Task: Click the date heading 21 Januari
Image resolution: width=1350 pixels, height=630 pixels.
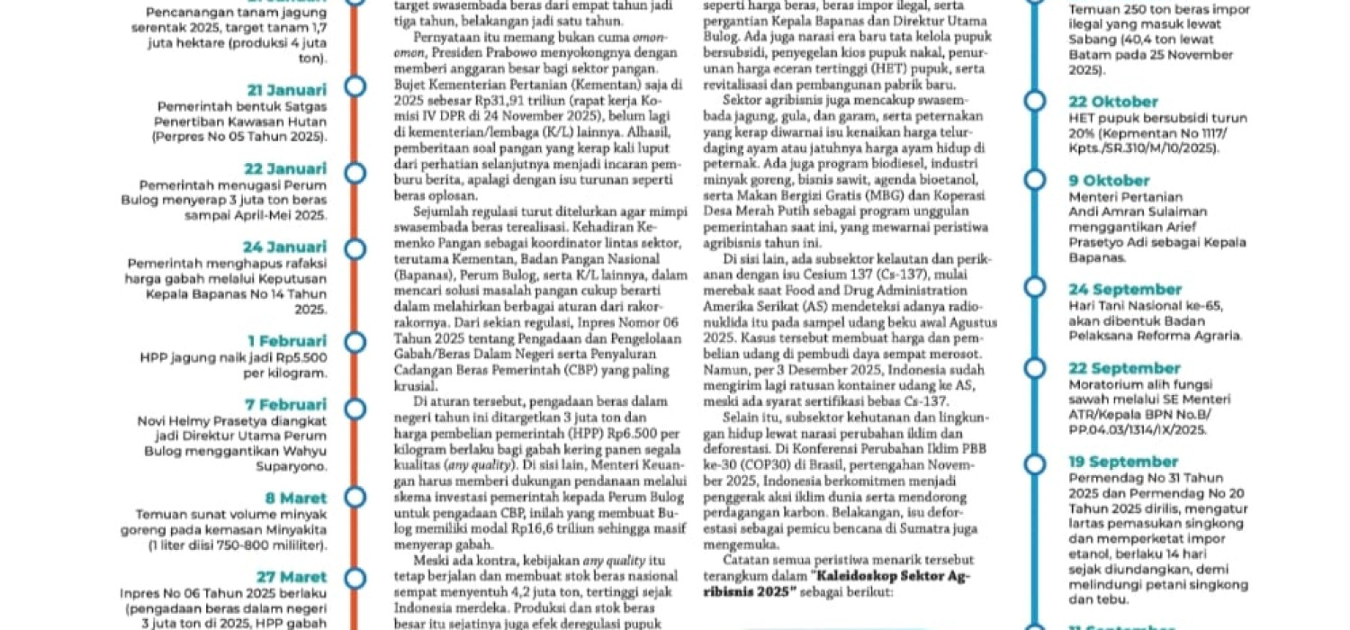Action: pyautogui.click(x=287, y=90)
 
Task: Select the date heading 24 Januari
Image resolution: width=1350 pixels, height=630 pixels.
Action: pyautogui.click(x=284, y=247)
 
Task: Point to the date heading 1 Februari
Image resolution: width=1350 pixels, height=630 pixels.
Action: pyautogui.click(x=287, y=341)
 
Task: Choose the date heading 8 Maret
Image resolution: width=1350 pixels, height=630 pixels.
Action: pyautogui.click(x=295, y=499)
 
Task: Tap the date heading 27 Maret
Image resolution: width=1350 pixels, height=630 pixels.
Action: pyautogui.click(x=291, y=577)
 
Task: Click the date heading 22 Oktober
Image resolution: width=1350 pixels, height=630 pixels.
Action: pyautogui.click(x=1113, y=102)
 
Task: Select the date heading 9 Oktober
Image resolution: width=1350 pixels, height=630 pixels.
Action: pyautogui.click(x=1109, y=181)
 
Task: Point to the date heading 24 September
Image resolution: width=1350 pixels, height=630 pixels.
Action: pyautogui.click(x=1125, y=290)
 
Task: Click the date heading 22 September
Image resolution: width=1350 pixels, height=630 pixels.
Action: pyautogui.click(x=1124, y=369)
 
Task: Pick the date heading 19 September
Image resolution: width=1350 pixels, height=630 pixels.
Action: pyautogui.click(x=1123, y=463)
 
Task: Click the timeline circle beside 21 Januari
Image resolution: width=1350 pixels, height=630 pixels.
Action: pyautogui.click(x=355, y=87)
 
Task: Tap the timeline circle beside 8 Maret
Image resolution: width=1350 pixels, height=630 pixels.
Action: pyautogui.click(x=355, y=496)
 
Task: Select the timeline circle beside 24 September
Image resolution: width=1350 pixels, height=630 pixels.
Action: pyautogui.click(x=1036, y=289)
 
